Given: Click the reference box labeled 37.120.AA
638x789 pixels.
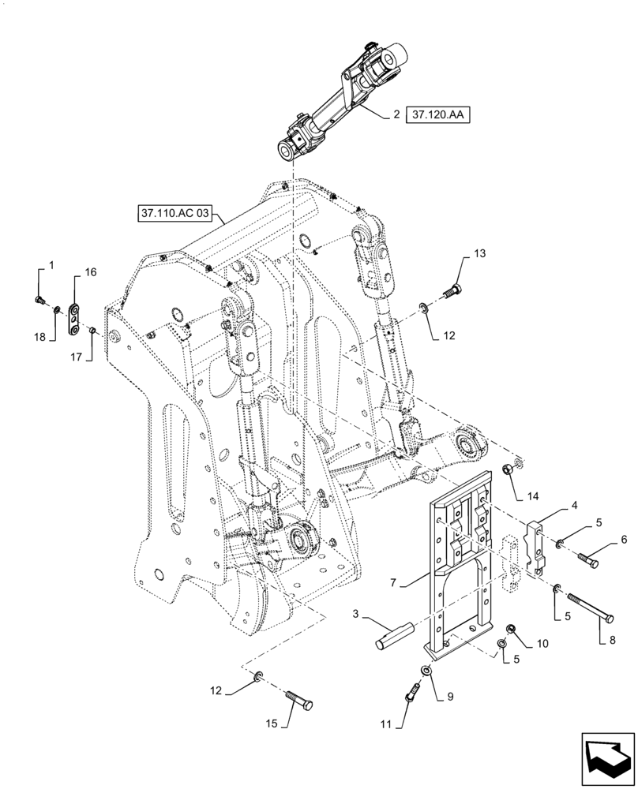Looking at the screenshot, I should point(438,115).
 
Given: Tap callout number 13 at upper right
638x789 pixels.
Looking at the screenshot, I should point(480,253).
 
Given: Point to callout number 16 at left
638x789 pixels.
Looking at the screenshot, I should point(91,271).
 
